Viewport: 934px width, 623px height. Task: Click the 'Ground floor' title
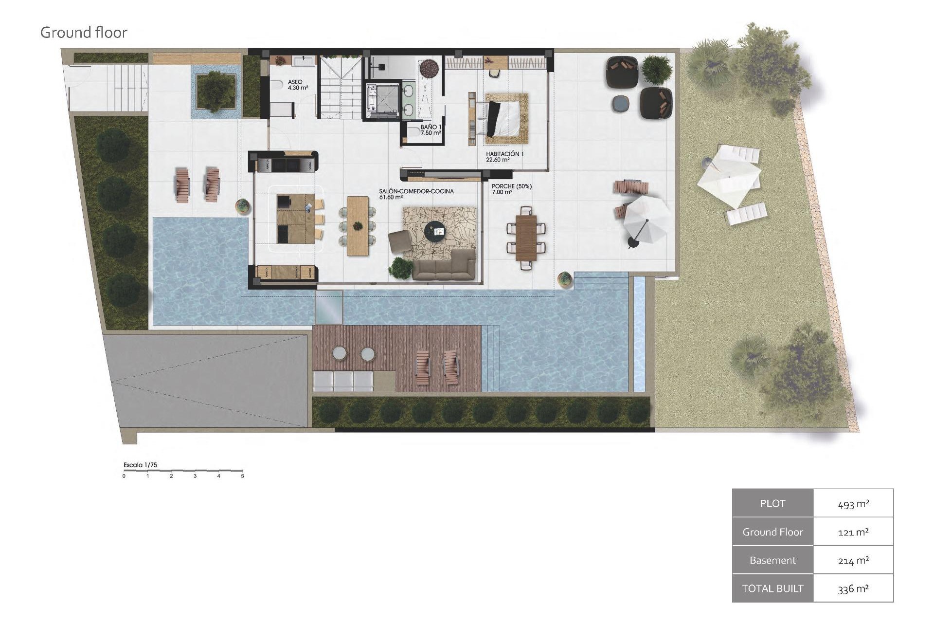(84, 33)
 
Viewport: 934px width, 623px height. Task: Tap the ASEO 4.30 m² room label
(295, 85)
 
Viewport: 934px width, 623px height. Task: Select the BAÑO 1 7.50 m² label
(431, 129)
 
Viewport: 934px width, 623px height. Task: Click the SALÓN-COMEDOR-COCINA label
(416, 194)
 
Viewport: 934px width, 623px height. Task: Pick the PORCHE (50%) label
(511, 189)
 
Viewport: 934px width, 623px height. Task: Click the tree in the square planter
(216, 91)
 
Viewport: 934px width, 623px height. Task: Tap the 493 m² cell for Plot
(853, 504)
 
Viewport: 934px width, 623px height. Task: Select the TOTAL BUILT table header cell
(772, 588)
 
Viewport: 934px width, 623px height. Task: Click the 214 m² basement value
(853, 560)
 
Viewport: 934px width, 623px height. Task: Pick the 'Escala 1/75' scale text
(140, 465)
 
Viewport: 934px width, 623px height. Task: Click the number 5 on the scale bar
(242, 476)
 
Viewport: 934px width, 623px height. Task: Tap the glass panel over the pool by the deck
(329, 307)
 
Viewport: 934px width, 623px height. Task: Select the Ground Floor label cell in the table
(772, 532)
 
